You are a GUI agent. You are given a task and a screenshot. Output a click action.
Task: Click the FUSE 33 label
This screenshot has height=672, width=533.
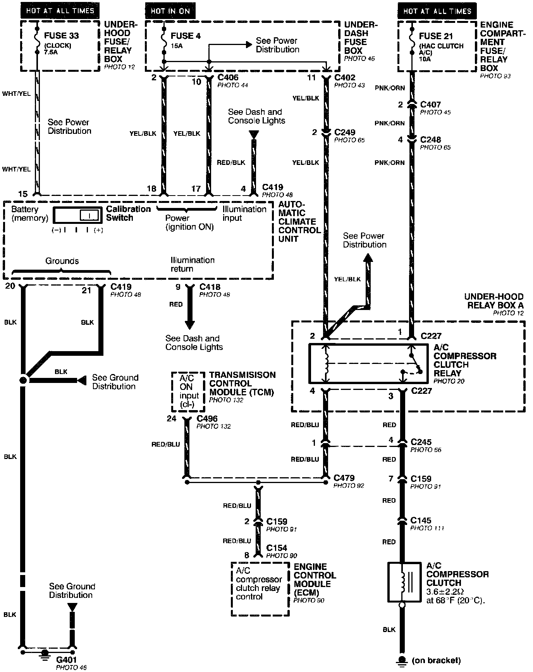61,35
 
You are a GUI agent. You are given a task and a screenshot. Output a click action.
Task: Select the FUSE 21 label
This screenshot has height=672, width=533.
436,36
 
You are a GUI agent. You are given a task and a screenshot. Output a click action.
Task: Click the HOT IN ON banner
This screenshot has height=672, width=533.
170,11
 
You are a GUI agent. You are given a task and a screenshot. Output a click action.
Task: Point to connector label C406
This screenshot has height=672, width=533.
228,78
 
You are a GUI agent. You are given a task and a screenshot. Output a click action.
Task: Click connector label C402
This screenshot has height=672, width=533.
345,78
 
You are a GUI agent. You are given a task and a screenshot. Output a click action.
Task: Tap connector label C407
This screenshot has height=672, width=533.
430,104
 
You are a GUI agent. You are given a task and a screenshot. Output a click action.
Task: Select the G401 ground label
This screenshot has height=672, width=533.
67,660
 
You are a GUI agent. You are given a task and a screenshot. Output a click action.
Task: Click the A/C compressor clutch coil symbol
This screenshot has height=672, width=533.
404,582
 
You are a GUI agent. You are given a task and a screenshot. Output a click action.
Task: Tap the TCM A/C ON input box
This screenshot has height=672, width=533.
188,392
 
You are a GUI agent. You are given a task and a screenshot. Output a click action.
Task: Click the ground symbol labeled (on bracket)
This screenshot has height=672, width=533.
402,660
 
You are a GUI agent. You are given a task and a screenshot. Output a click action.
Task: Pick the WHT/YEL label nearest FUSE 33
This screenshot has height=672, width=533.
16,94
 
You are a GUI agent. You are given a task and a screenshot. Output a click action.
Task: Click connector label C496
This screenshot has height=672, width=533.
207,419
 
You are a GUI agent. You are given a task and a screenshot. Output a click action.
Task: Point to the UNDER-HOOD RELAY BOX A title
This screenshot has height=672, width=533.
494,301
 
